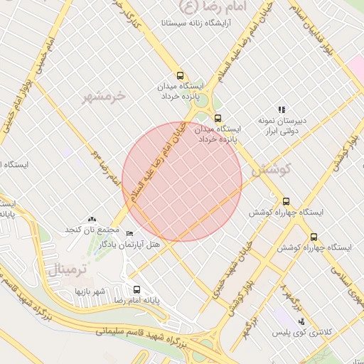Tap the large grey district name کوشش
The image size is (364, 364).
point(272,169)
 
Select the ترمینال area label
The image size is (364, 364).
point(70,269)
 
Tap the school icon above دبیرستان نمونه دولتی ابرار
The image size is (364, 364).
point(282,109)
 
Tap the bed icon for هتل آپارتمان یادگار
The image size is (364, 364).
point(129,234)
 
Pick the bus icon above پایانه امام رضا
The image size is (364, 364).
point(136,289)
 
